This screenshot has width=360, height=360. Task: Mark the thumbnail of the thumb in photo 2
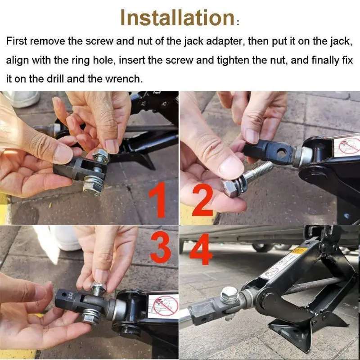point(230,166)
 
